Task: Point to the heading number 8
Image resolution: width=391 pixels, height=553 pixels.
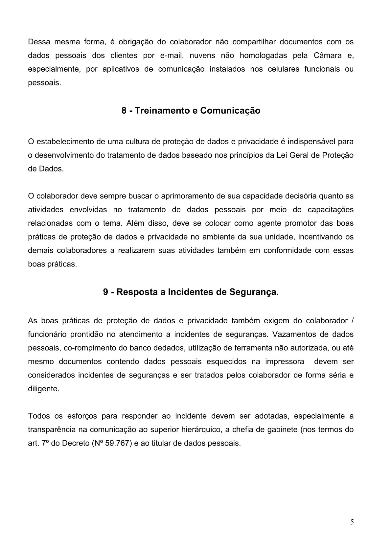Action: [x=124, y=111]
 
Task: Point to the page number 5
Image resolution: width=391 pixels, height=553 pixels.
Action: [x=352, y=522]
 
